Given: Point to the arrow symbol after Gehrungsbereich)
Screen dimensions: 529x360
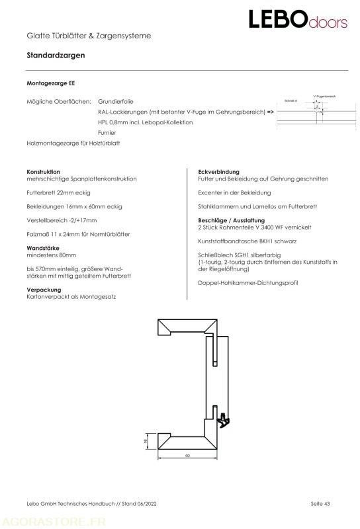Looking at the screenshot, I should (271, 113).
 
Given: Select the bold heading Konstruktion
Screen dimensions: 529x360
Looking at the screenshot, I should (43, 172).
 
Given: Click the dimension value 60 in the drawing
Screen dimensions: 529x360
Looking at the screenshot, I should (187, 456).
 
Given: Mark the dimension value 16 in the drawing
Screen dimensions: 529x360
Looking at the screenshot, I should (146, 440).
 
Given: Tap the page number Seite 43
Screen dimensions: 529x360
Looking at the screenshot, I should (320, 505).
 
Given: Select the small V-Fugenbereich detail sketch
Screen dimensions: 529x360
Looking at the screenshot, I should (310, 108).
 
